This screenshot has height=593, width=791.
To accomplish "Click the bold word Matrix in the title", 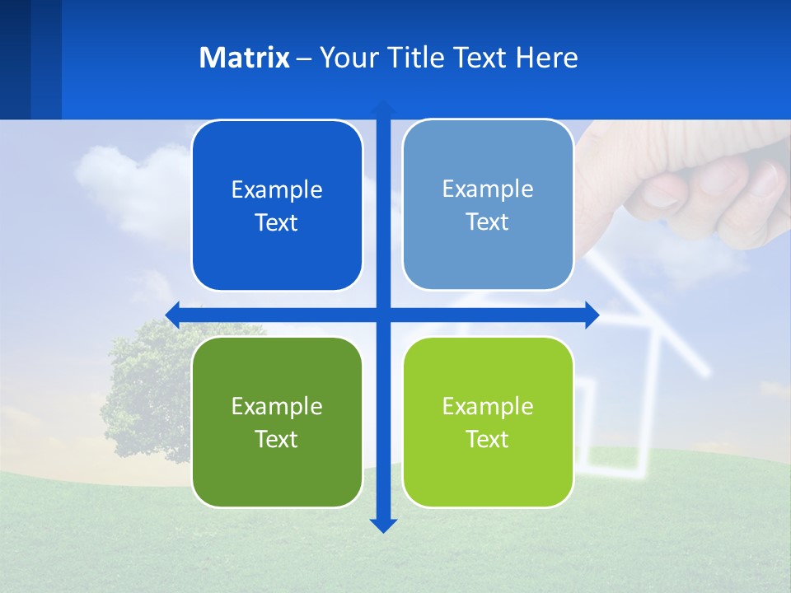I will pos(244,58).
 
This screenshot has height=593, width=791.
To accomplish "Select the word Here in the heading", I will pos(546,58).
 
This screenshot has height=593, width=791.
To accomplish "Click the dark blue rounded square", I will pos(277,206).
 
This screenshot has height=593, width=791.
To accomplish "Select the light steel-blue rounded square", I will pos(488,205).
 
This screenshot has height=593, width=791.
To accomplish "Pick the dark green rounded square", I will pos(277,422).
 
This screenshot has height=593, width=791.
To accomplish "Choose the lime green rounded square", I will pos(488,422).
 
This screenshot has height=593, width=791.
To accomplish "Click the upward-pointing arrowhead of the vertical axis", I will pos(383,108).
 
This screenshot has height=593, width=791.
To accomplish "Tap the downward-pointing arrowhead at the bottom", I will pos(383,525).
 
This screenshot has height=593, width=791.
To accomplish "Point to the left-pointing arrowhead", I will pos(172,315).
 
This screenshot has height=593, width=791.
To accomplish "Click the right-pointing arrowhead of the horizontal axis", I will pos(592,315).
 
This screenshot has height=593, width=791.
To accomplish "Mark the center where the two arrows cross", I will pos(383,315).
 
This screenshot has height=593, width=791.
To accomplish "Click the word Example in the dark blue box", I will pos(277,190).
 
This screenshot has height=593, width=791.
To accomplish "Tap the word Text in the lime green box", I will pos(488,439).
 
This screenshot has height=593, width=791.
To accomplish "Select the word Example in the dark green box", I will pos(277,406).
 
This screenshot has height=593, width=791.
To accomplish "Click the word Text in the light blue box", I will pos(488,222).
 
